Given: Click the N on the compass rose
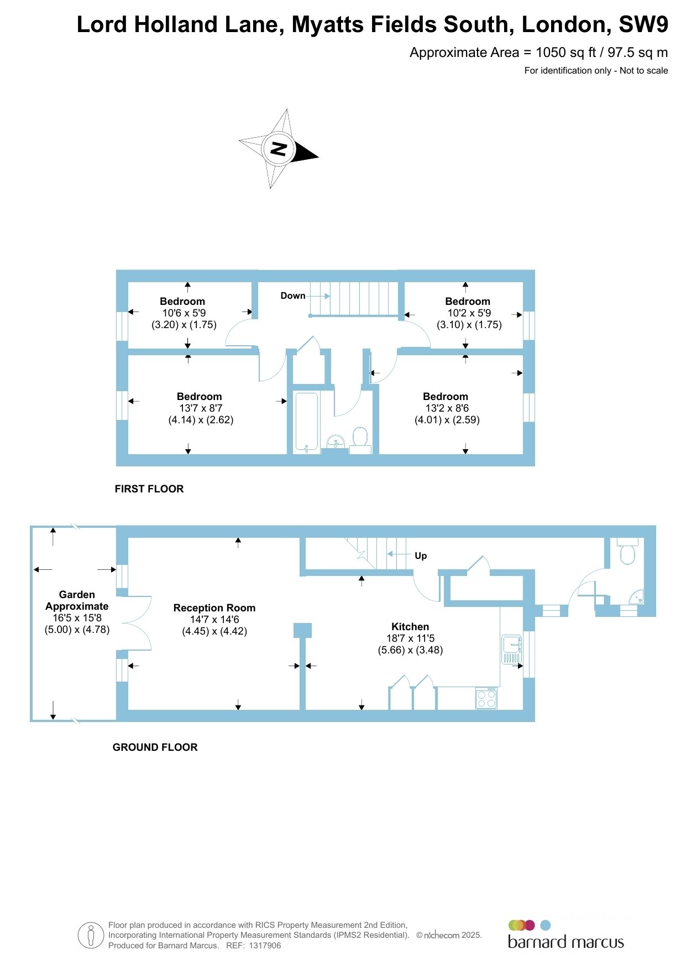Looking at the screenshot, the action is pyautogui.click(x=278, y=149).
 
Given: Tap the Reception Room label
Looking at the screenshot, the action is pyautogui.click(x=214, y=608).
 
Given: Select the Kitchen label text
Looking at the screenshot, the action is pyautogui.click(x=410, y=627).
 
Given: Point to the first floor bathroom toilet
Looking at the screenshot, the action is pyautogui.click(x=360, y=440).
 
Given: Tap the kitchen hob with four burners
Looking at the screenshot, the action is pyautogui.click(x=486, y=698).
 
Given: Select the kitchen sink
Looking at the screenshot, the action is pyautogui.click(x=511, y=649).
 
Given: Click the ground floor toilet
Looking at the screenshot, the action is pyautogui.click(x=627, y=551).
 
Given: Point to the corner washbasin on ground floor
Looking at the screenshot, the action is pyautogui.click(x=638, y=598).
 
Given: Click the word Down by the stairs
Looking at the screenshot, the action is pyautogui.click(x=293, y=296).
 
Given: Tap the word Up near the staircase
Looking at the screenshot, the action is pyautogui.click(x=421, y=556).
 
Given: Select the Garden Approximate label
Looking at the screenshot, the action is pyautogui.click(x=77, y=600).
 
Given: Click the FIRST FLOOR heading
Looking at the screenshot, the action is pyautogui.click(x=149, y=489).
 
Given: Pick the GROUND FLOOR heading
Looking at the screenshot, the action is pyautogui.click(x=155, y=747).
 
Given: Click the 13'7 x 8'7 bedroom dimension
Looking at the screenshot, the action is pyautogui.click(x=201, y=408).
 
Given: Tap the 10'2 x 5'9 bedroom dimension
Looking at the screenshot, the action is pyautogui.click(x=469, y=313).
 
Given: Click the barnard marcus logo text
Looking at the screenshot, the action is pyautogui.click(x=566, y=942).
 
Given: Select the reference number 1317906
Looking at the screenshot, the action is pyautogui.click(x=265, y=946).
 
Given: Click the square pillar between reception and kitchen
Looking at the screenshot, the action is pyautogui.click(x=302, y=630).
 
